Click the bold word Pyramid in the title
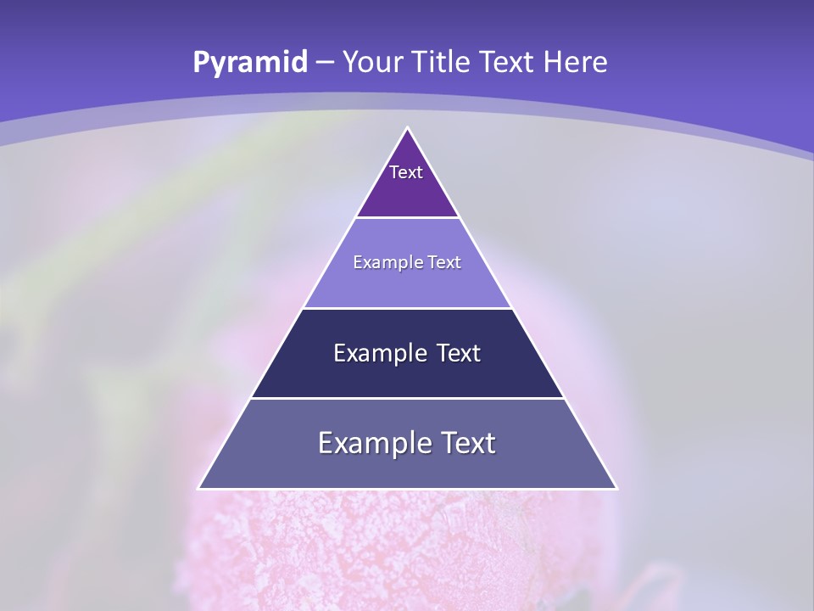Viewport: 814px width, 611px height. point(249,63)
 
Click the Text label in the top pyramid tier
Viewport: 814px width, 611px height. point(406,172)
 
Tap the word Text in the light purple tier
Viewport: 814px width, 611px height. point(443,263)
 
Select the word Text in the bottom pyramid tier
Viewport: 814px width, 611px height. point(467,443)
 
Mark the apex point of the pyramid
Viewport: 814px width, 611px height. point(408,128)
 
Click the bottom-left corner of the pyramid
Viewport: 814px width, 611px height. point(199,489)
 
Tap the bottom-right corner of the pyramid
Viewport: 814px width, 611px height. point(616,489)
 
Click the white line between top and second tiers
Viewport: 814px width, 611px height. point(408,217)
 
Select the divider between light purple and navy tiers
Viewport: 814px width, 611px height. point(408,308)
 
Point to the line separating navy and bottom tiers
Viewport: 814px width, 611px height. point(408,398)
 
